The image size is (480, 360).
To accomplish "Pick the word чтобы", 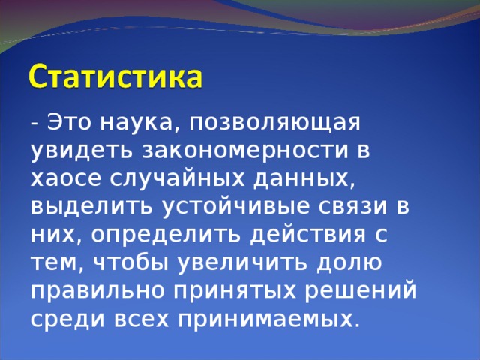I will click(x=132, y=262).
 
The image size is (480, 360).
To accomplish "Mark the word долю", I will click(x=348, y=262).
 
